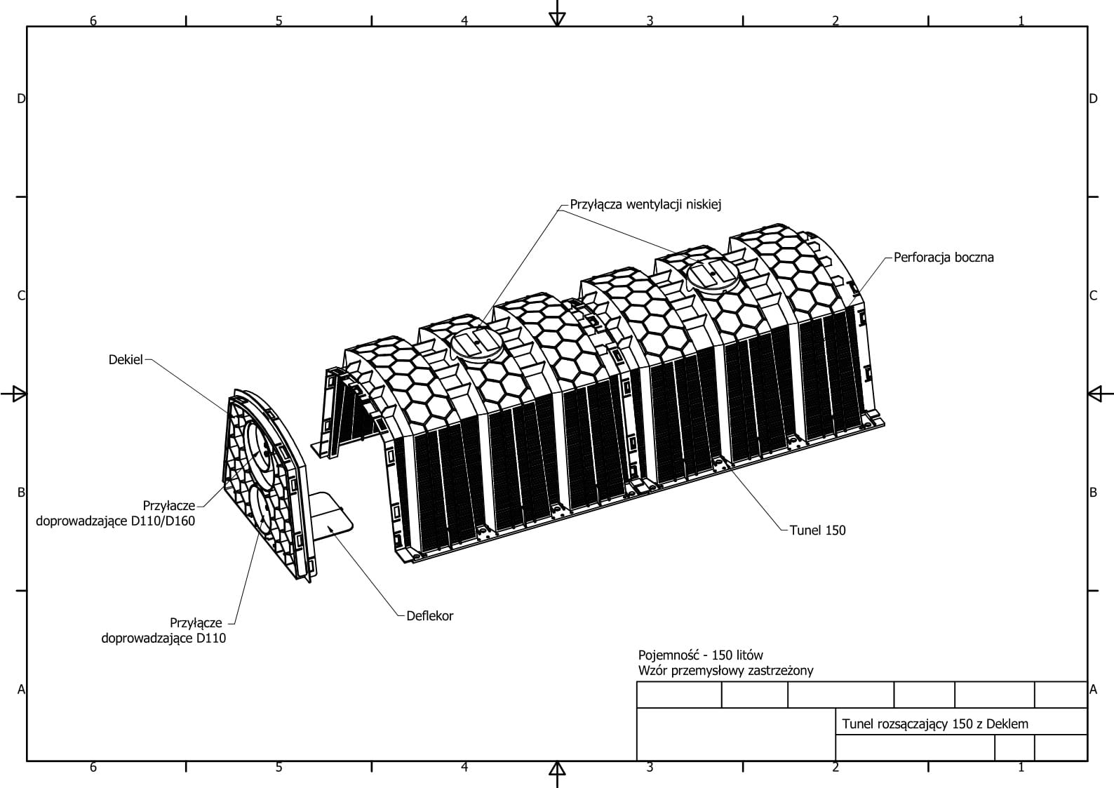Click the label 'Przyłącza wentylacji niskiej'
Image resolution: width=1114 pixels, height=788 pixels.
(645, 204)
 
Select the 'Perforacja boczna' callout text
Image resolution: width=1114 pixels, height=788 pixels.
(944, 257)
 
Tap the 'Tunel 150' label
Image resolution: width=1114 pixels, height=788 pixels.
(817, 530)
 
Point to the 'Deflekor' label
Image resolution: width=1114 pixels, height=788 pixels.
(430, 615)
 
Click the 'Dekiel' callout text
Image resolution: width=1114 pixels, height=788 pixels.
(126, 359)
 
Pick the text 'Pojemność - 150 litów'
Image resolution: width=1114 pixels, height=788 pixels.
(700, 655)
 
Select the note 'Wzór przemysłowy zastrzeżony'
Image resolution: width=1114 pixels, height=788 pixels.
(725, 670)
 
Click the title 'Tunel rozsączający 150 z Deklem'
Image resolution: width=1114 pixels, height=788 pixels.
(935, 723)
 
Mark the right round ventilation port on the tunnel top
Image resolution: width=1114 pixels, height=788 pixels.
(713, 272)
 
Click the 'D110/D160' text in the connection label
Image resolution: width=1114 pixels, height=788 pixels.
(163, 521)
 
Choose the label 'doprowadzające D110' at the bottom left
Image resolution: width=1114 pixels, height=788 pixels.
(163, 638)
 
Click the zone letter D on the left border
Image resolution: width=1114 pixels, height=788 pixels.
(21, 99)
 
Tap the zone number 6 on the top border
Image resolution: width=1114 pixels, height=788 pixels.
(93, 20)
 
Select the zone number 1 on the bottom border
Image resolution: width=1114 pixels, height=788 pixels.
(1021, 767)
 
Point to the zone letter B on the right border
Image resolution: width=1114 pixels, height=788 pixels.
(1093, 493)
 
